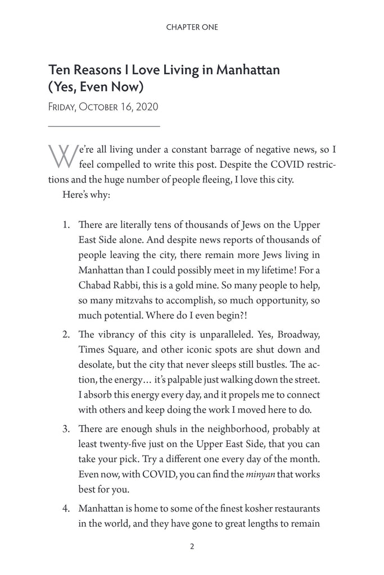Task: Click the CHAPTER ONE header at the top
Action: [192, 27]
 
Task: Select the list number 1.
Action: [66, 225]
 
